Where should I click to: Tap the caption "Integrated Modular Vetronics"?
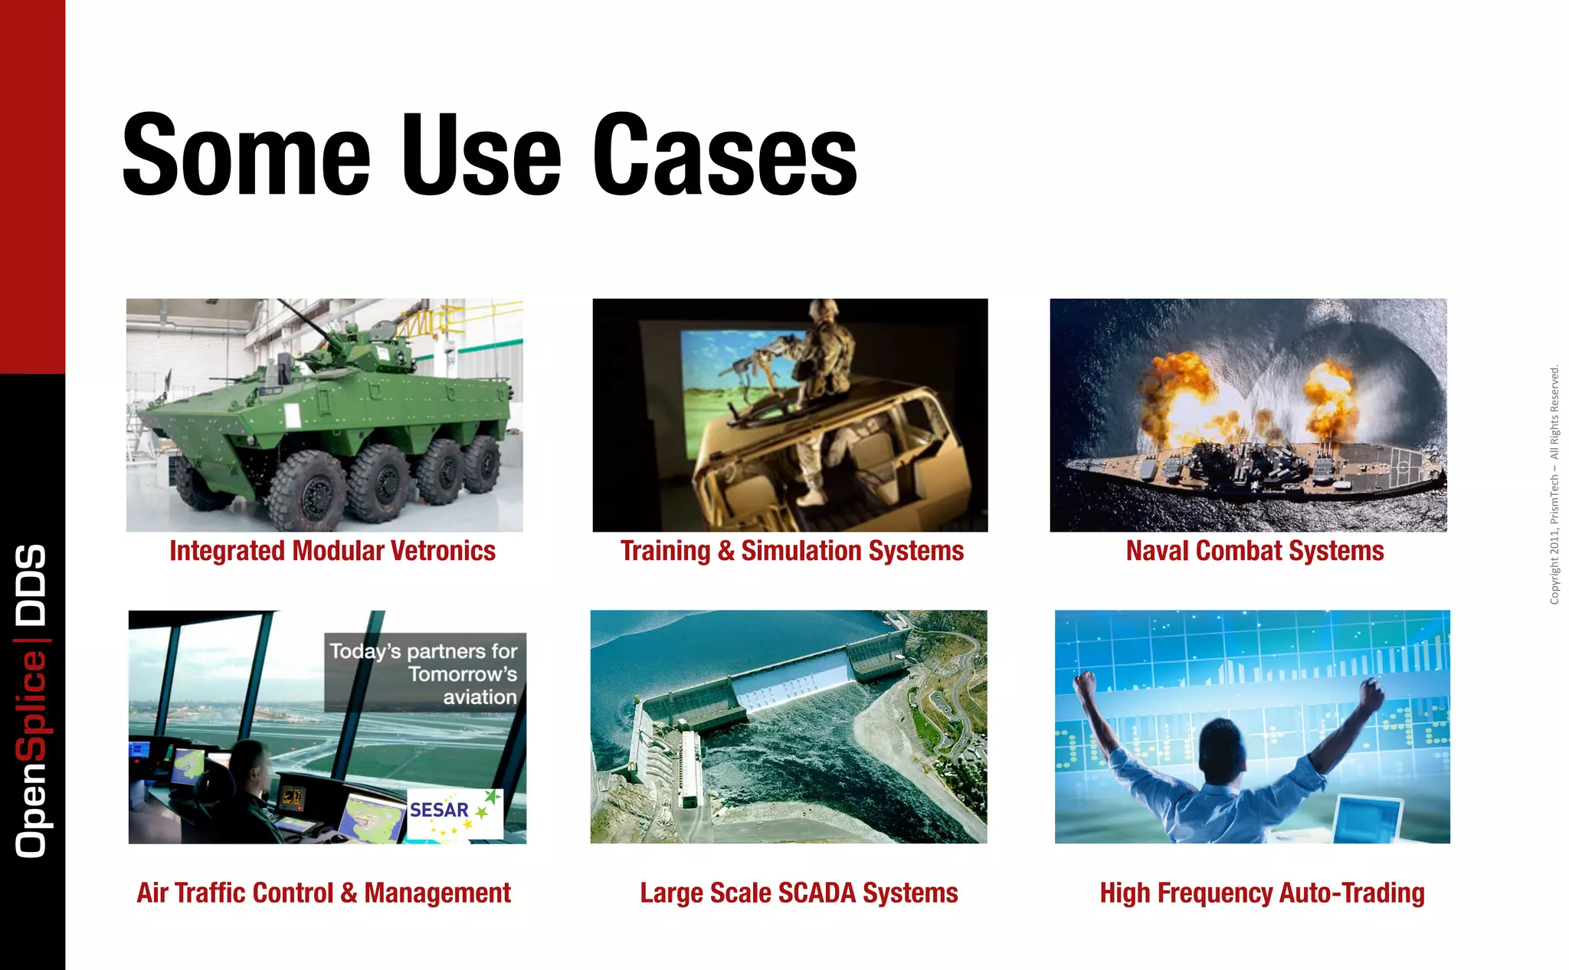332,551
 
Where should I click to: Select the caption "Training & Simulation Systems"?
791,551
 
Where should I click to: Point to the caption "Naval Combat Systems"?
1254,551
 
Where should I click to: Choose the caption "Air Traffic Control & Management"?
323,893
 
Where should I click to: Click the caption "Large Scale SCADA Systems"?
798,893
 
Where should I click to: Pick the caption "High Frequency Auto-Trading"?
1262,893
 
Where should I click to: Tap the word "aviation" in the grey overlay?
480,697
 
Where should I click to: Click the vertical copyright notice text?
1554,484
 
